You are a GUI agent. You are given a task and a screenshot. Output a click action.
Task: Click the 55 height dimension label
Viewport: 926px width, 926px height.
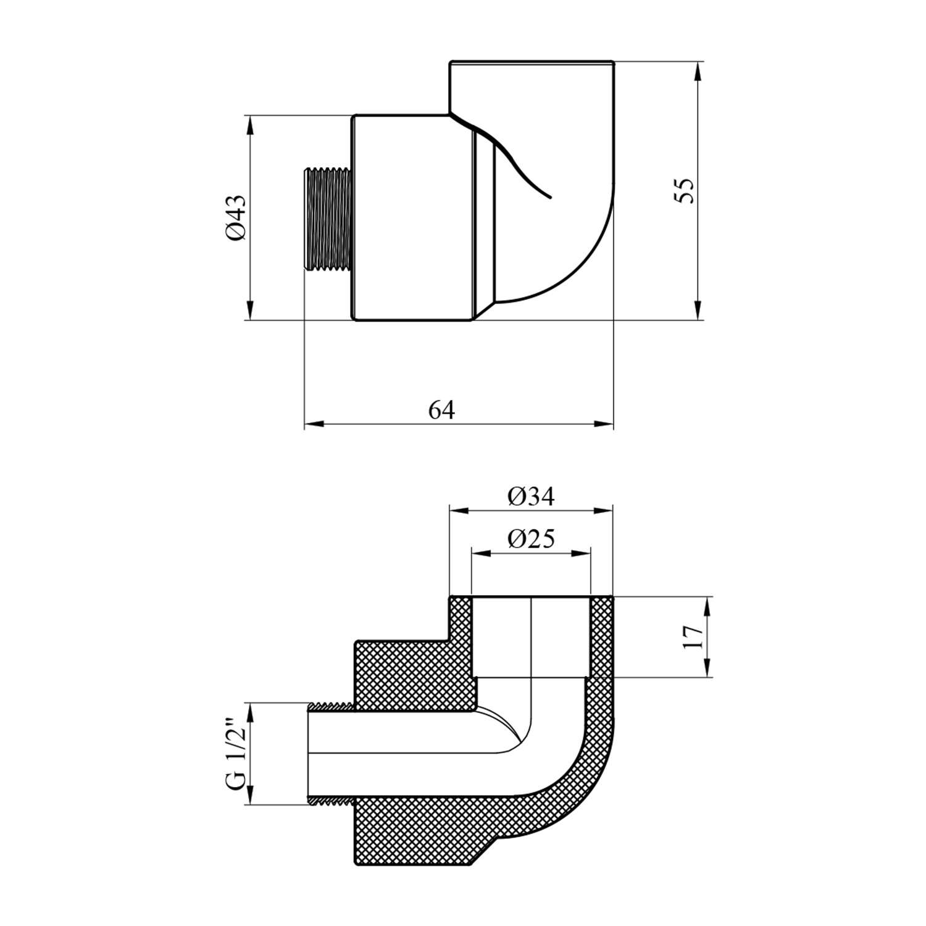point(685,190)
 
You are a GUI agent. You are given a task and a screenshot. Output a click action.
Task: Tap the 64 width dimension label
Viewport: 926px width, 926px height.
point(442,410)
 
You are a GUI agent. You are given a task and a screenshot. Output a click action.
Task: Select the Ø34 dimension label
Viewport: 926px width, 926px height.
point(532,496)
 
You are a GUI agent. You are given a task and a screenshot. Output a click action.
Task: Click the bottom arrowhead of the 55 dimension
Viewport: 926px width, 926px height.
point(698,311)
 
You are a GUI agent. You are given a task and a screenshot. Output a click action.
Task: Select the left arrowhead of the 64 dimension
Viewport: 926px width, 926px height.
point(314,424)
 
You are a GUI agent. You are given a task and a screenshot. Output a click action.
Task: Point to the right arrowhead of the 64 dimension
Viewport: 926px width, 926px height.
point(604,424)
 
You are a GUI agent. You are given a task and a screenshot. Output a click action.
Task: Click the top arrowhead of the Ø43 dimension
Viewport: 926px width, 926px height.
point(250,125)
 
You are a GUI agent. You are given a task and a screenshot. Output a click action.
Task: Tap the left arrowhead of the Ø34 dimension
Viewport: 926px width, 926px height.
point(459,511)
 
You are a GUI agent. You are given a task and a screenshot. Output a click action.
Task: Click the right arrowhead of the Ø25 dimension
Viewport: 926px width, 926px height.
point(582,553)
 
